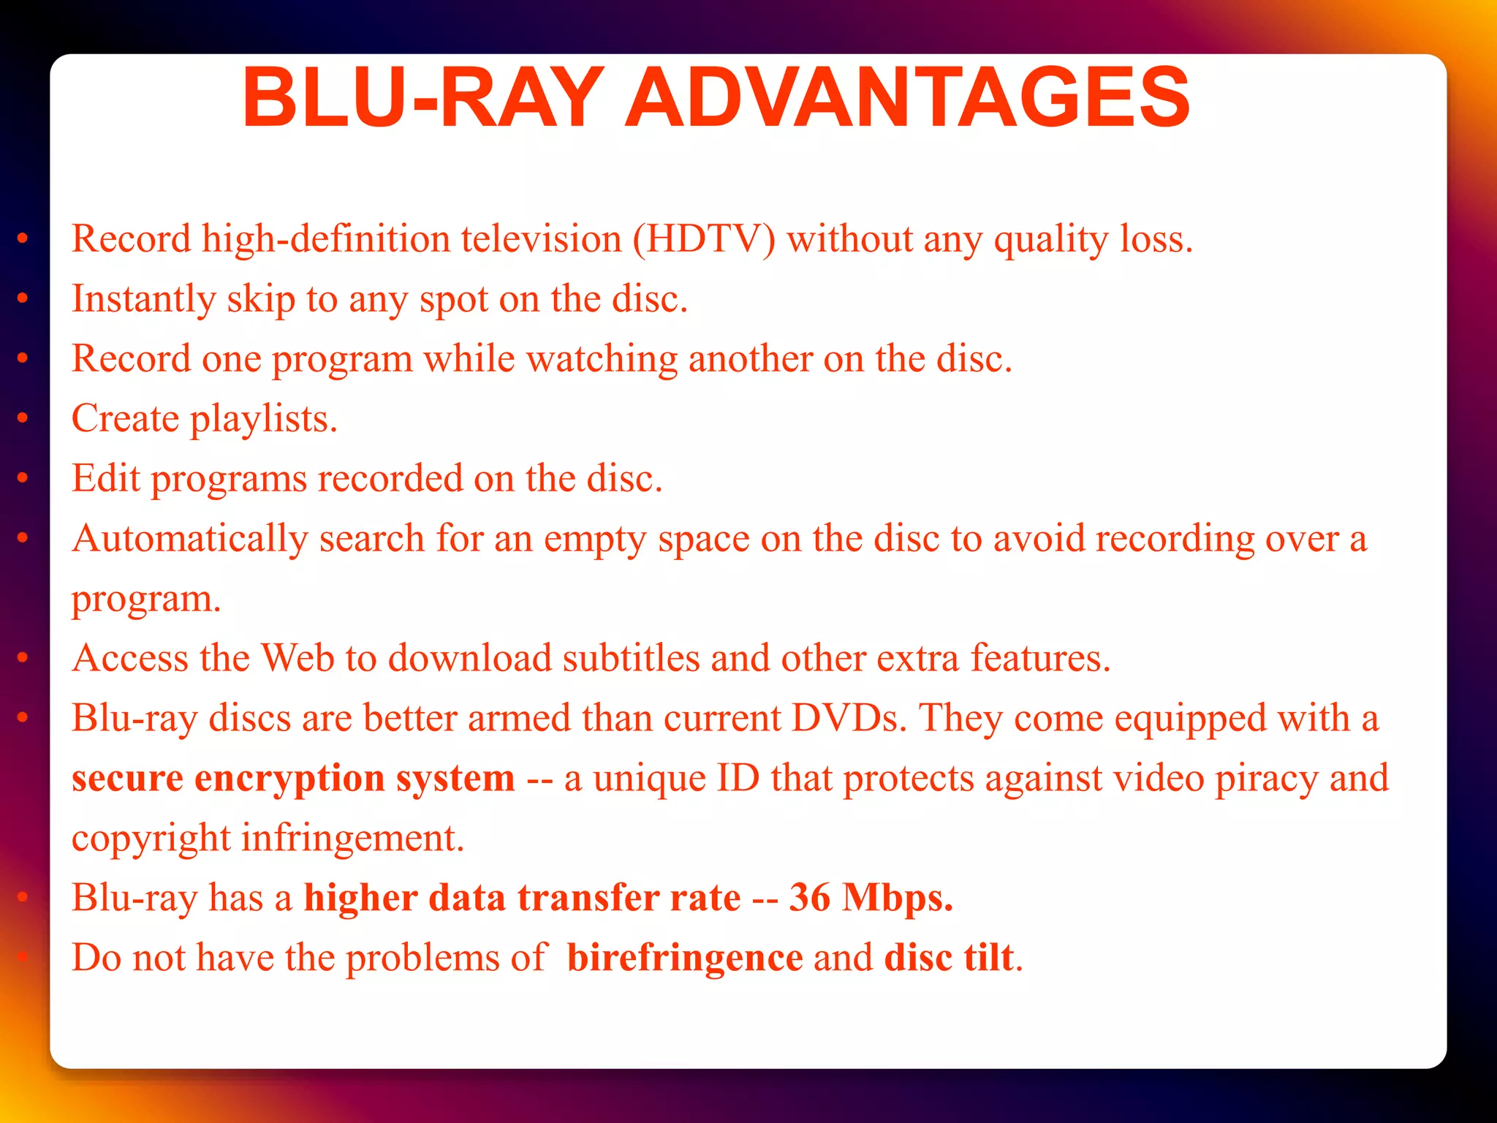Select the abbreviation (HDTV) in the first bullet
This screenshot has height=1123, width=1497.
point(704,239)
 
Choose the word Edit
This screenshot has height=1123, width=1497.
point(105,478)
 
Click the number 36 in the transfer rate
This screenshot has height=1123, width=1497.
point(810,898)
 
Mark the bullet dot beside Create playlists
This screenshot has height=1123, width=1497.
point(23,417)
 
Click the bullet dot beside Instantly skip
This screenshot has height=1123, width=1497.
point(23,298)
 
